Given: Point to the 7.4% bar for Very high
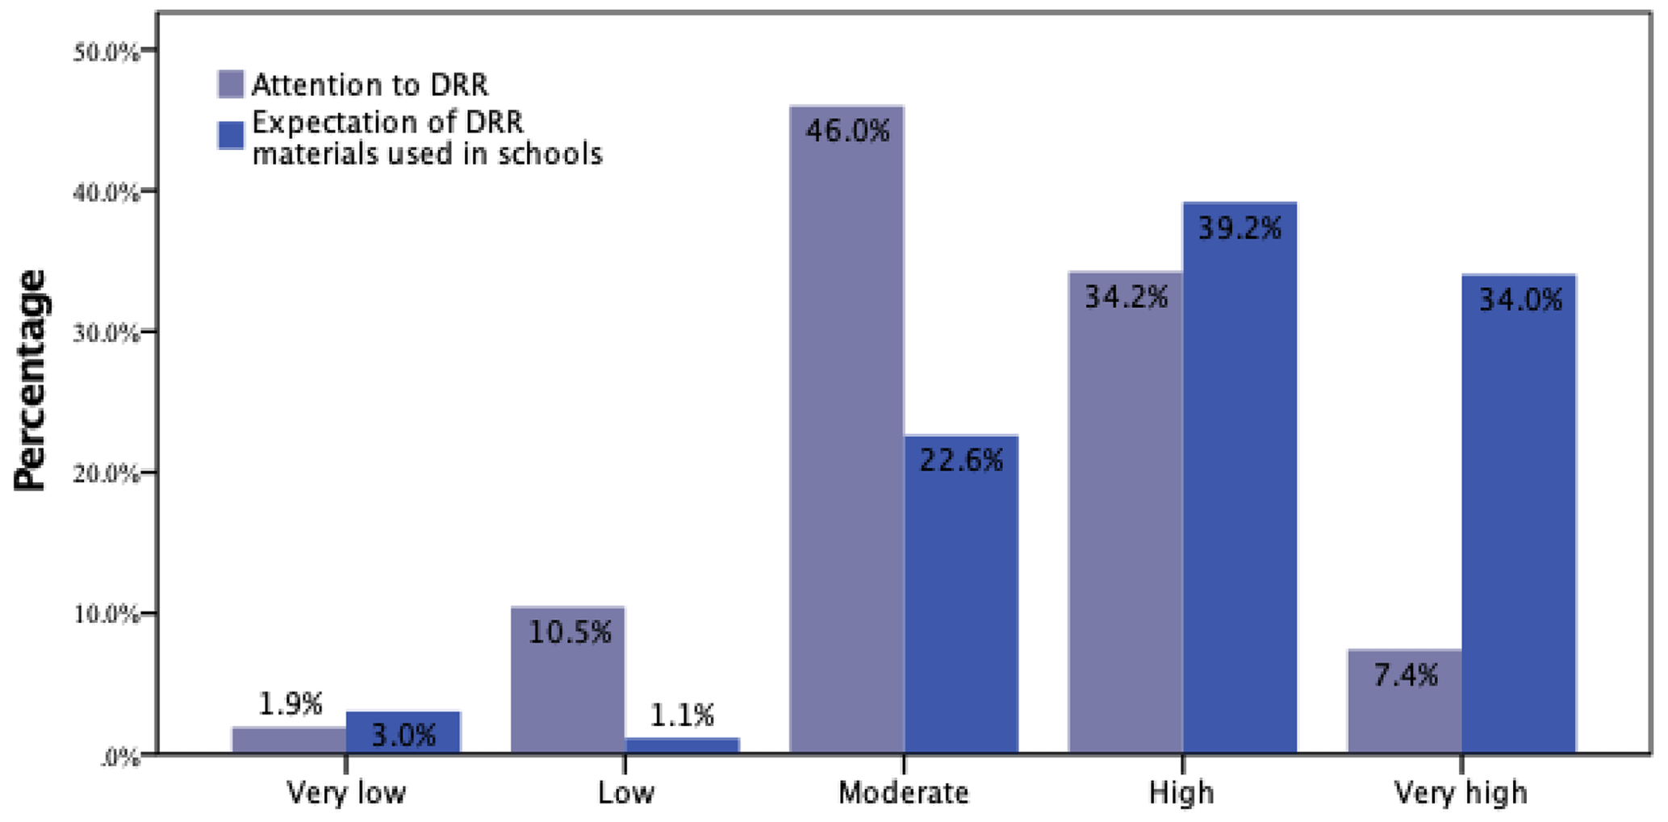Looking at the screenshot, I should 1404,701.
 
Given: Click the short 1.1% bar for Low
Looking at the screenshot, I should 683,745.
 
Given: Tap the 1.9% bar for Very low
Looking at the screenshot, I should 289,740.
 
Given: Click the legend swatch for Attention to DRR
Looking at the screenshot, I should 231,84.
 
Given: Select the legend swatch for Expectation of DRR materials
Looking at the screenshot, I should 231,136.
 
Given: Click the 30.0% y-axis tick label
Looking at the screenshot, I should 107,333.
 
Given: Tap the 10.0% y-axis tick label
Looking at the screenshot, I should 107,615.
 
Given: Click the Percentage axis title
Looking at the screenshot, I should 31,379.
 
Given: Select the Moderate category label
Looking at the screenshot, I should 903,793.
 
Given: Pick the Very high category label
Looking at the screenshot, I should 1461,793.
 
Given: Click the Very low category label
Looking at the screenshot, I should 346,793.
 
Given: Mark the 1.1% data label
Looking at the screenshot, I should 683,716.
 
